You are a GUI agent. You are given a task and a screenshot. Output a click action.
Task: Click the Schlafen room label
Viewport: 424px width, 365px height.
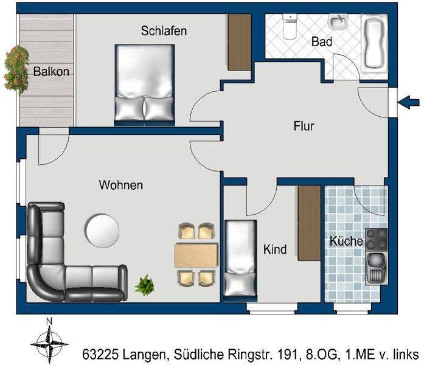click(164, 31)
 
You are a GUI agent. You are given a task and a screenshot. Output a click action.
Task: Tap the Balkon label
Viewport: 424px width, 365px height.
click(51, 72)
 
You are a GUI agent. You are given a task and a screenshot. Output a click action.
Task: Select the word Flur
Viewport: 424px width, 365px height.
click(304, 127)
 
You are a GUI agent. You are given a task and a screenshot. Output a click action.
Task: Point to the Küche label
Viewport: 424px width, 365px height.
click(346, 241)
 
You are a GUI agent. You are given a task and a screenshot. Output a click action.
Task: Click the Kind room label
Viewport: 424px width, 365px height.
click(275, 249)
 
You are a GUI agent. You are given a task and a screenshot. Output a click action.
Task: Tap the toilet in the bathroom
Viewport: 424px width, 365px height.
click(290, 26)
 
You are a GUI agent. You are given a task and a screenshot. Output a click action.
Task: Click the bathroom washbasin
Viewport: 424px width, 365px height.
click(338, 22)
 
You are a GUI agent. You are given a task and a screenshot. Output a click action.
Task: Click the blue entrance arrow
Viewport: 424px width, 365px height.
click(409, 102)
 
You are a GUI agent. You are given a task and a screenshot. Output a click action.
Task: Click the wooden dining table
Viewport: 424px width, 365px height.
click(196, 255)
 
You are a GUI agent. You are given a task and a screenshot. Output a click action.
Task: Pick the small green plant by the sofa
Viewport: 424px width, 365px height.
click(145, 285)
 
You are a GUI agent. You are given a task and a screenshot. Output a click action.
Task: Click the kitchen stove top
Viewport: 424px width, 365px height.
click(377, 240)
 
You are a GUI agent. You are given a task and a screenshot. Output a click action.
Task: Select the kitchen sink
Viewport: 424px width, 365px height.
click(377, 268)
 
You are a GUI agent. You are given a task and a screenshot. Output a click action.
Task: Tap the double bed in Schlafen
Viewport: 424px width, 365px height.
click(145, 85)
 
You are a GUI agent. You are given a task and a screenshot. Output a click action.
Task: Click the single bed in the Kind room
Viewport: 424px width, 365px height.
click(240, 261)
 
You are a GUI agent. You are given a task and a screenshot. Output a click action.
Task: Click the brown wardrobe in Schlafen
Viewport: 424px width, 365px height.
click(239, 43)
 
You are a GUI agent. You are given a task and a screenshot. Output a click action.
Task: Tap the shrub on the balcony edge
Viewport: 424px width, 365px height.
click(17, 70)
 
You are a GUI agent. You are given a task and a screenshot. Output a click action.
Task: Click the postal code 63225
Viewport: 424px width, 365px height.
click(100, 354)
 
